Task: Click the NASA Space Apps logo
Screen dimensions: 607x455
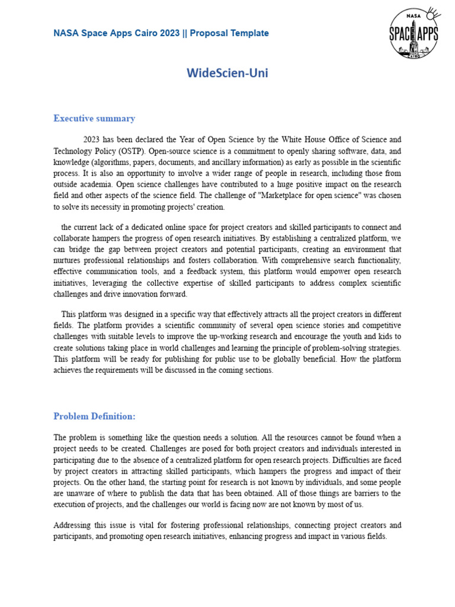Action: click(414, 33)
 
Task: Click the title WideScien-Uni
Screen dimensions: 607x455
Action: click(223, 73)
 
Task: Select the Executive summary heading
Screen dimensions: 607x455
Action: click(94, 119)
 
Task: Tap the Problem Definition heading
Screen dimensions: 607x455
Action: click(94, 416)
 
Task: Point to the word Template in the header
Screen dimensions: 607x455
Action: click(249, 33)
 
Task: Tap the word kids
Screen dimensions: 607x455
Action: click(392, 337)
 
